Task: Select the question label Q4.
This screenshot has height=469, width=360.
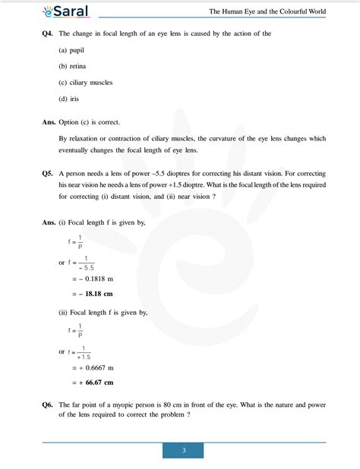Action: [x=49, y=33]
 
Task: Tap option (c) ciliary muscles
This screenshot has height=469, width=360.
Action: [x=86, y=82]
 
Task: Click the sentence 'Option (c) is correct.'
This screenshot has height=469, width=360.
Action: [x=89, y=122]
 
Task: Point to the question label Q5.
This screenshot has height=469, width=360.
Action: [x=49, y=173]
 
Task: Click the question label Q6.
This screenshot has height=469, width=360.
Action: [x=49, y=404]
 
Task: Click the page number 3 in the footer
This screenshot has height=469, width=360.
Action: [x=183, y=451]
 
